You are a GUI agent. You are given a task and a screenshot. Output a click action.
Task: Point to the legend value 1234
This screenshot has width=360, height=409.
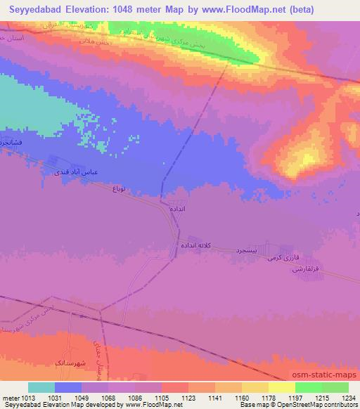click(348, 398)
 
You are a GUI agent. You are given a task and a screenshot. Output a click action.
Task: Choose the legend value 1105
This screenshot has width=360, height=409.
click(162, 398)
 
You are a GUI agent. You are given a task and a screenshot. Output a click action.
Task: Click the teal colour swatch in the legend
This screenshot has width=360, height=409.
click(41, 387)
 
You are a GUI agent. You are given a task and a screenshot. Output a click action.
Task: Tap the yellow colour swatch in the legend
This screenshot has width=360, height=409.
click(281, 387)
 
